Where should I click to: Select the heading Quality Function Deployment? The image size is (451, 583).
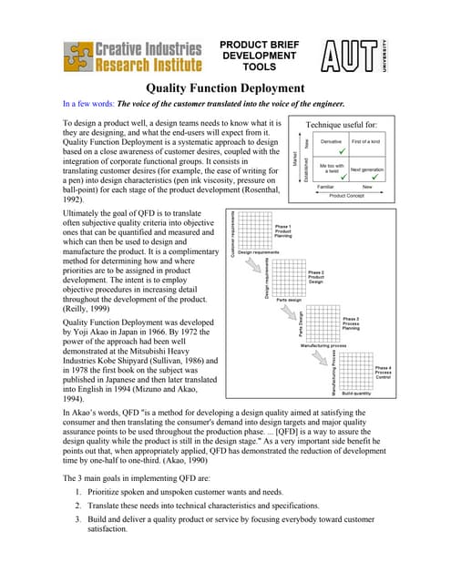tap(225, 88)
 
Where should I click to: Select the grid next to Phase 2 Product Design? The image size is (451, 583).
tap(289, 275)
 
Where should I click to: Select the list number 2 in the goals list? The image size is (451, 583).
tap(78, 504)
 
